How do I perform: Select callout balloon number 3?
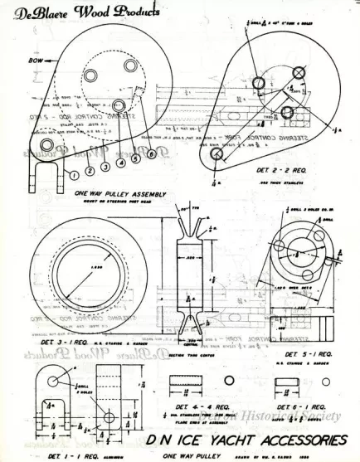pyautogui.click(x=106, y=166)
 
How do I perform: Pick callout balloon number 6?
pyautogui.click(x=151, y=153)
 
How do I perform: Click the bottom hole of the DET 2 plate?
pyautogui.click(x=217, y=154)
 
